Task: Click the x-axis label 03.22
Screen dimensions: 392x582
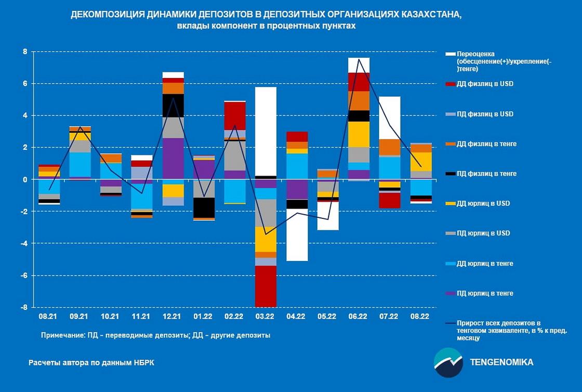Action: pyautogui.click(x=265, y=316)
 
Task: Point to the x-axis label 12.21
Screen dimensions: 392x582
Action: pyautogui.click(x=172, y=316)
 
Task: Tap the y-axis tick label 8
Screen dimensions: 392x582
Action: pyautogui.click(x=24, y=51)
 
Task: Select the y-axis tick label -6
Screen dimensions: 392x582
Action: pyautogui.click(x=23, y=276)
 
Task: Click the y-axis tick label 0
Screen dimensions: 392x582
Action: pyautogui.click(x=24, y=179)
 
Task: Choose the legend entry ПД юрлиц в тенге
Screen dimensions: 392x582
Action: pyautogui.click(x=485, y=293)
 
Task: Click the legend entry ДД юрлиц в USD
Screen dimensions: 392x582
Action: pyautogui.click(x=483, y=203)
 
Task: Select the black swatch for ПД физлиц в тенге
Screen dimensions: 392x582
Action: pyautogui.click(x=449, y=174)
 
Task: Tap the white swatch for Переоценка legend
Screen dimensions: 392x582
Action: pyautogui.click(x=449, y=54)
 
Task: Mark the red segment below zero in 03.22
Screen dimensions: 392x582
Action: pyautogui.click(x=266, y=286)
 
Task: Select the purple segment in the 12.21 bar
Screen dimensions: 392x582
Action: pyautogui.click(x=173, y=159)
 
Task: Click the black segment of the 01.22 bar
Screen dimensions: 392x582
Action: pyautogui.click(x=204, y=207)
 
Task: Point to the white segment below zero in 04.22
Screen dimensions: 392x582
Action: pyautogui.click(x=297, y=234)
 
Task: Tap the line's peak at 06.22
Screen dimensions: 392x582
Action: pyautogui.click(x=359, y=59)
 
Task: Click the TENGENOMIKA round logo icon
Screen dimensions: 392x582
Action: pyautogui.click(x=448, y=362)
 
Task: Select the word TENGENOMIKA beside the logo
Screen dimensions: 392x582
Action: pyautogui.click(x=501, y=362)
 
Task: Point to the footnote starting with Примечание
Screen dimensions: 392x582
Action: pyautogui.click(x=155, y=335)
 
